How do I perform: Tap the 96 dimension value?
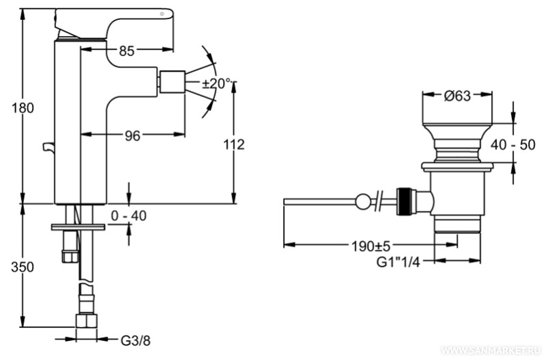[132, 136]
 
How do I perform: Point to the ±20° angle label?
[218, 83]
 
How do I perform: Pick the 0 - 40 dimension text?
[129, 216]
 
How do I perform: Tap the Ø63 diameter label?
[457, 97]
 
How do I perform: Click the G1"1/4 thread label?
[397, 260]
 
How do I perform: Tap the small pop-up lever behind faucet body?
[47, 146]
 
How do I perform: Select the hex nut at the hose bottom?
[86, 324]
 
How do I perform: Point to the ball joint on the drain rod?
[361, 201]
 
